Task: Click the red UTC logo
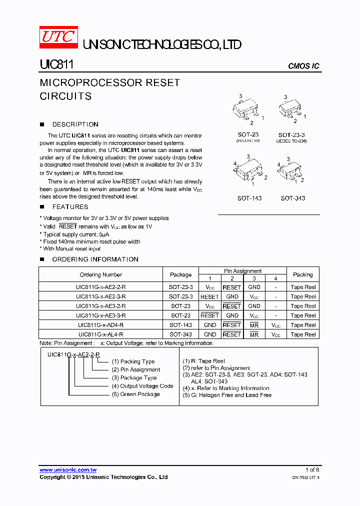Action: pos(58,38)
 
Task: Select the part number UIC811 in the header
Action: pos(56,65)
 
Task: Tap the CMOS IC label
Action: pos(303,66)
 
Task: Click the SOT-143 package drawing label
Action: pos(249,198)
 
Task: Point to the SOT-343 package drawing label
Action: pos(292,198)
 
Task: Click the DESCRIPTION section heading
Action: pos(75,124)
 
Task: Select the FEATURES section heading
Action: pos(70,207)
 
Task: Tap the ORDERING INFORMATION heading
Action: pos(95,259)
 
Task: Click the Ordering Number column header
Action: pos(100,275)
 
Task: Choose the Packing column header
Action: pos(302,275)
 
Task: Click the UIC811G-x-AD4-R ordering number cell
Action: pos(100,325)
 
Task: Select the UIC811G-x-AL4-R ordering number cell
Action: pos(100,334)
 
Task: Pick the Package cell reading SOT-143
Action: pos(180,325)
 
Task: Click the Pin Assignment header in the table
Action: pos(242,271)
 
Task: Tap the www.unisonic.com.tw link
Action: pos(68,470)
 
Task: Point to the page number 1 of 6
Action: pos(312,470)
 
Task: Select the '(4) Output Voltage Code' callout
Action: pos(142,386)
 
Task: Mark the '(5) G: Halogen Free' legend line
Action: pos(227,395)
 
